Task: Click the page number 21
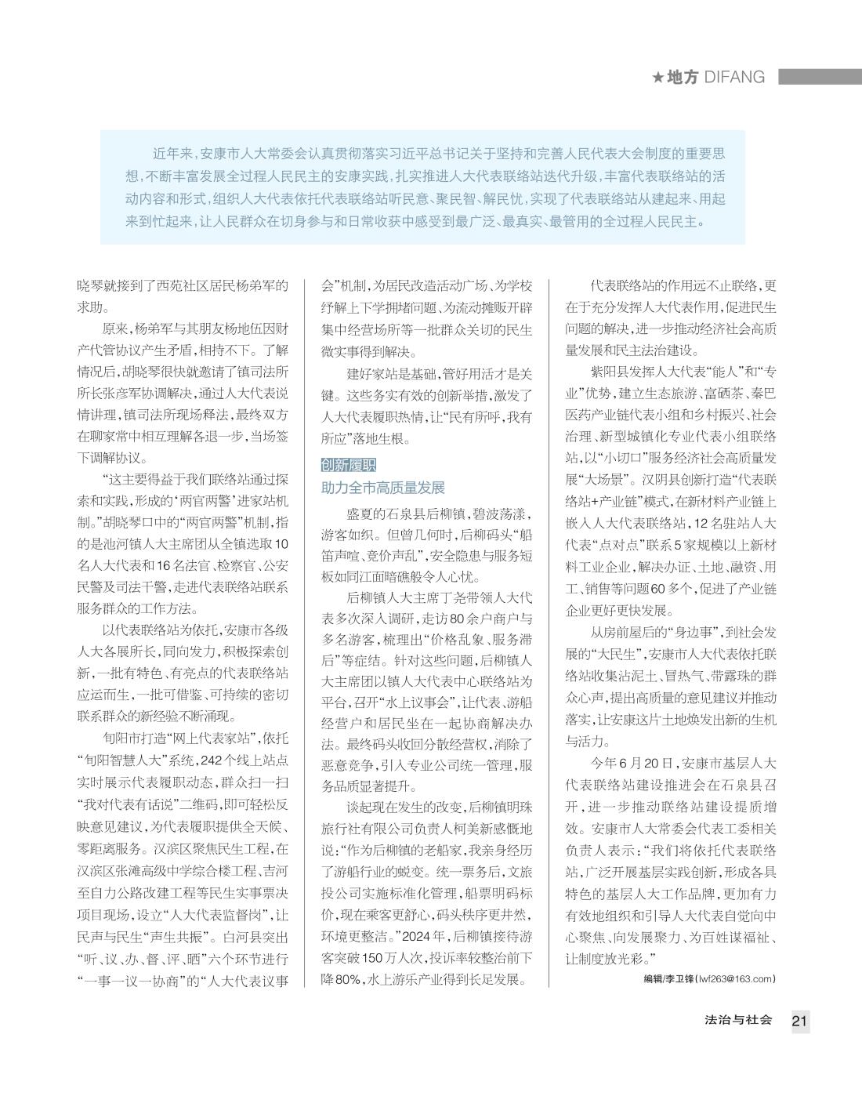pyautogui.click(x=799, y=1021)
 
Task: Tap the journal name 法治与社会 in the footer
pyautogui.click(x=738, y=1020)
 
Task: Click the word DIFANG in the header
pyautogui.click(x=733, y=77)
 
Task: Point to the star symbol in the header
pyautogui.click(x=657, y=77)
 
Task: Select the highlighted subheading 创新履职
pyautogui.click(x=349, y=465)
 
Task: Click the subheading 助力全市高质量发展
pyautogui.click(x=383, y=488)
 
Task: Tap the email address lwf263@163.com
pyautogui.click(x=735, y=978)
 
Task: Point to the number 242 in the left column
pyautogui.click(x=212, y=760)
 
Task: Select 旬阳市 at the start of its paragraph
pyautogui.click(x=122, y=739)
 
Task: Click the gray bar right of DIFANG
pyautogui.click(x=820, y=77)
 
